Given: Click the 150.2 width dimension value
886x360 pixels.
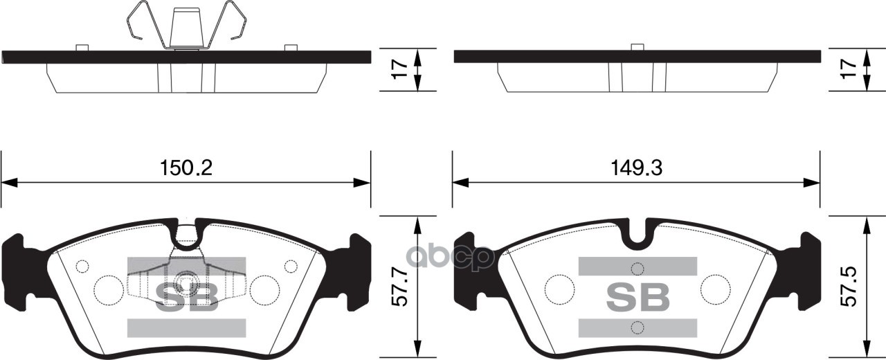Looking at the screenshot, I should pyautogui.click(x=186, y=168).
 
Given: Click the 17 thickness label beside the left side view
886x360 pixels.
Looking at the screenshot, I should pyautogui.click(x=397, y=71).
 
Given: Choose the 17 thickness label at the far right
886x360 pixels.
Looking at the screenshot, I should pyautogui.click(x=849, y=71).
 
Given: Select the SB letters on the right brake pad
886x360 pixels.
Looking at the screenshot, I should pyautogui.click(x=638, y=296).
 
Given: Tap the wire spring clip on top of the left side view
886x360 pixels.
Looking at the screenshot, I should pyautogui.click(x=186, y=26).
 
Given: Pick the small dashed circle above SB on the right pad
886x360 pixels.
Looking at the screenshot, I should pyautogui.click(x=638, y=269).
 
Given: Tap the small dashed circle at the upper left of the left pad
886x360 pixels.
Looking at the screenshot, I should pyautogui.click(x=83, y=266).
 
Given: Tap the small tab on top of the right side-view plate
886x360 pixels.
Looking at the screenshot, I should pyautogui.click(x=638, y=47).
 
